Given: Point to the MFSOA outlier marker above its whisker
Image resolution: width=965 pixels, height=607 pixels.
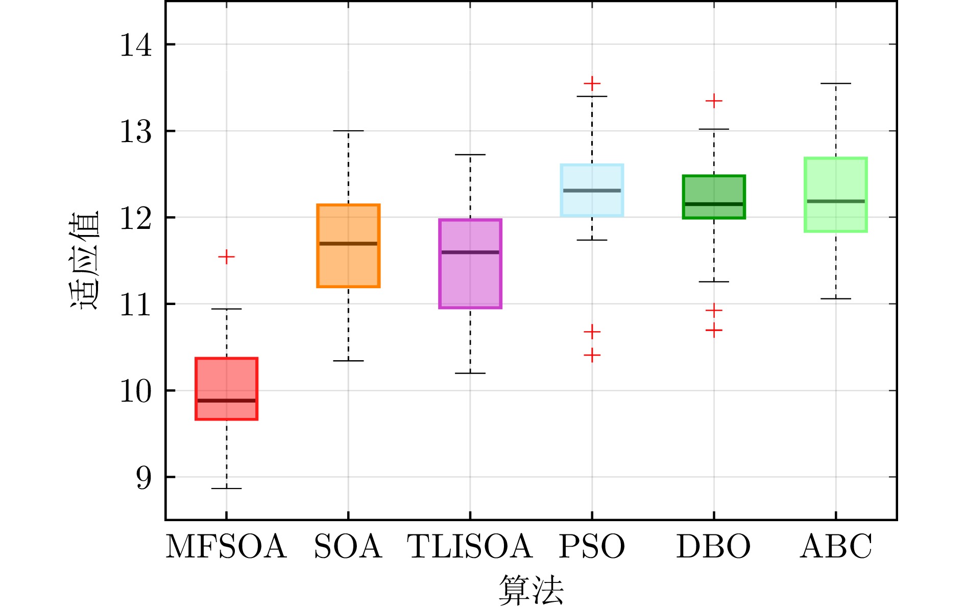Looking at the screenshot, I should pos(226,256).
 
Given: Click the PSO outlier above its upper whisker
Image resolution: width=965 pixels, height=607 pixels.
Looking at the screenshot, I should pos(592,83).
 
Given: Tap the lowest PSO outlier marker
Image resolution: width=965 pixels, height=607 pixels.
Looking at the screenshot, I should pos(592,355).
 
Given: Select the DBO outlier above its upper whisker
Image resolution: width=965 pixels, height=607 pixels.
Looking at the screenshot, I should pos(714,101).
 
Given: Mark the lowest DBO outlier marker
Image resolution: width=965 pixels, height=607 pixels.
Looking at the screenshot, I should pos(714,330).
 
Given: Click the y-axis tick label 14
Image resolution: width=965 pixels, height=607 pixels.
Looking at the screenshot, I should pos(135,45).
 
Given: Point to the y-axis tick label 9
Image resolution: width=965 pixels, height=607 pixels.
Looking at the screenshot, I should pos(143,478).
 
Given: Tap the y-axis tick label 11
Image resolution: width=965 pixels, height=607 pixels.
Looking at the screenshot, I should pos(135,305).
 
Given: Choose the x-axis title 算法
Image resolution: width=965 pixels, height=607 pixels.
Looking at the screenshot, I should pos(531,590).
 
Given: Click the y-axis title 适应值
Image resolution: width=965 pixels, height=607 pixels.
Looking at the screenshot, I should pos(84,261).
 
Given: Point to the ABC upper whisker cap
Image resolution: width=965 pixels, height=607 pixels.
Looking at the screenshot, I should pos(835,83).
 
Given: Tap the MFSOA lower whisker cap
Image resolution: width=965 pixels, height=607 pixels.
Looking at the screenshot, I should pos(226,488).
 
